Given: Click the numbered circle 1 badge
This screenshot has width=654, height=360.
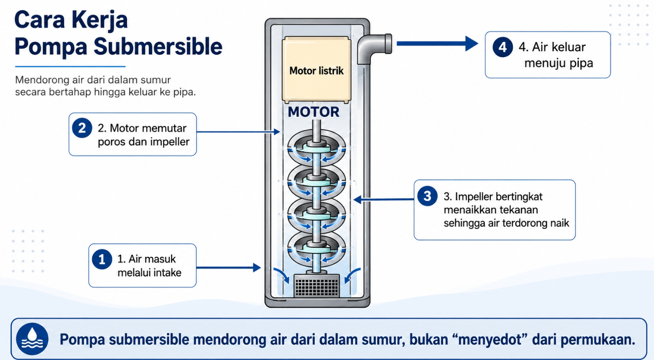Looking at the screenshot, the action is [102, 259].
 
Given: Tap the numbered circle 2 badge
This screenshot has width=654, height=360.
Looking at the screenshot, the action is [82, 128].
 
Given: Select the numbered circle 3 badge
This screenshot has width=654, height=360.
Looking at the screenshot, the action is [427, 196].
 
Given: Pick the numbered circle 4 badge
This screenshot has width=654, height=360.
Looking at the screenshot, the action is [502, 47].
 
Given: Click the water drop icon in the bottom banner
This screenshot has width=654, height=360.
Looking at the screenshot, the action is [32, 339].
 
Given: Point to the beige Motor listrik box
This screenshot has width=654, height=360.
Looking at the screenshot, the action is [317, 70].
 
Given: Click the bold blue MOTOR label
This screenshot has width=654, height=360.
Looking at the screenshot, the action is [313, 112].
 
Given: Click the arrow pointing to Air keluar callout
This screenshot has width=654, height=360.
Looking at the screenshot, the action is [437, 43].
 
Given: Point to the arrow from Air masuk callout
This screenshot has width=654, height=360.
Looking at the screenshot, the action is [228, 267].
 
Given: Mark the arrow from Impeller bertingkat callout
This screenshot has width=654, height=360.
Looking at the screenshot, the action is [384, 199].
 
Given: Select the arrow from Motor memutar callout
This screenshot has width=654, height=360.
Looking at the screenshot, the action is [238, 132].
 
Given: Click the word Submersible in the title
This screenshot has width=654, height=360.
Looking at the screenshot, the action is [158, 47].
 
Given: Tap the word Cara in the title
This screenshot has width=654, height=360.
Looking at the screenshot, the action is [39, 20].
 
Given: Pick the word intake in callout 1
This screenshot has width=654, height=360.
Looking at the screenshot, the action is [167, 272].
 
